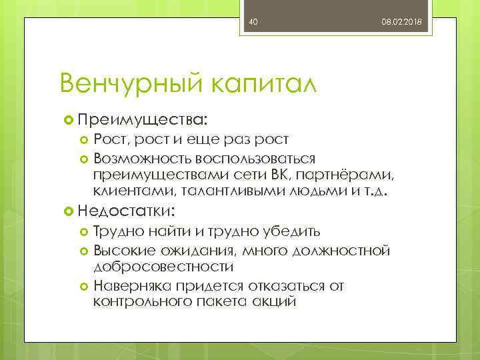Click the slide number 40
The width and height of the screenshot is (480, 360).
click(x=253, y=23)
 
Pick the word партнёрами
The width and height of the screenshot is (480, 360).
click(x=346, y=175)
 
